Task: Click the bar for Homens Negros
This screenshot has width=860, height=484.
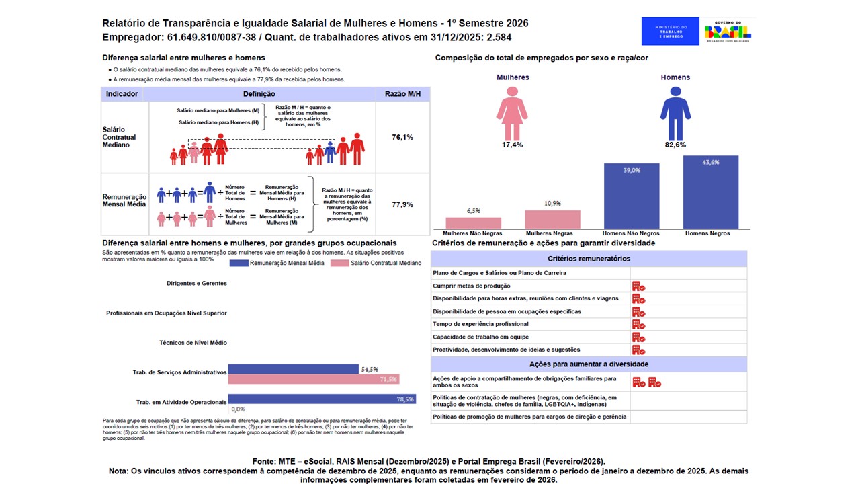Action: pos(710,192)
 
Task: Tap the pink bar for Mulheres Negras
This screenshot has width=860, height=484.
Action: pos(552,219)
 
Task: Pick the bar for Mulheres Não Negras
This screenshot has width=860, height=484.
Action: pos(474,223)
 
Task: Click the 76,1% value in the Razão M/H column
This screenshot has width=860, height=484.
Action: pos(402,137)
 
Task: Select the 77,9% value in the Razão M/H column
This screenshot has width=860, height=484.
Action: pos(402,204)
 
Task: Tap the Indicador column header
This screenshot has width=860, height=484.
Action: pos(122,94)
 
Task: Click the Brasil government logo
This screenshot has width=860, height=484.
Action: pos(728,31)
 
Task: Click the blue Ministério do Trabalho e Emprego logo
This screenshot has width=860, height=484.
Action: pos(670,31)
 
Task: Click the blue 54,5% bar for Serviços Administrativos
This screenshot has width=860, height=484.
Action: pos(294,369)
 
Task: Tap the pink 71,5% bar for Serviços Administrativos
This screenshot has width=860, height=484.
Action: pos(314,379)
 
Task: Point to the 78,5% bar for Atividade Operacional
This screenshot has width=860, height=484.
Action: pos(322,399)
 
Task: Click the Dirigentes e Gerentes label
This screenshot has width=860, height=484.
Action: pos(197,284)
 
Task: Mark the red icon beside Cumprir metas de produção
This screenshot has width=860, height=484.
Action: pos(638,286)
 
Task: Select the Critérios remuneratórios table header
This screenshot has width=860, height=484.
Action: pos(589,259)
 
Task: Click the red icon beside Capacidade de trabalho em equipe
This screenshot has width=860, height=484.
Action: pos(638,337)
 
